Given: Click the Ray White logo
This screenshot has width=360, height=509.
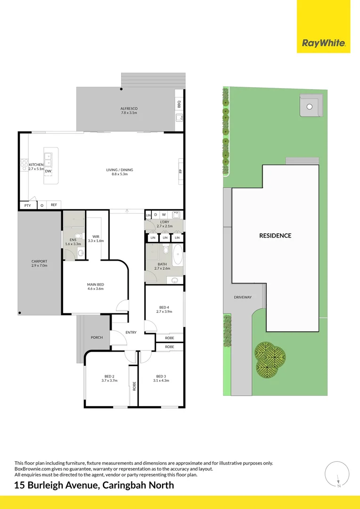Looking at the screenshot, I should [x=323, y=44].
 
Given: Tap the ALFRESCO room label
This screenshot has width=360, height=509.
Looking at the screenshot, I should [x=129, y=109].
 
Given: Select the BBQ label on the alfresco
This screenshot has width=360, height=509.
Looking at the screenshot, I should [x=179, y=104].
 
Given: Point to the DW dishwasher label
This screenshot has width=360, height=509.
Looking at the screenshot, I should [x=48, y=171].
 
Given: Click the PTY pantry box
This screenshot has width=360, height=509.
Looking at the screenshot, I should [x=27, y=205].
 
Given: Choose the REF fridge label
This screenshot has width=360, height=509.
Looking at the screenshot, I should [x=54, y=205].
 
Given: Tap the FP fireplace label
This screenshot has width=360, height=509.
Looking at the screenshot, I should [x=180, y=171].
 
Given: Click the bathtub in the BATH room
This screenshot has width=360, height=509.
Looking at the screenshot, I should [x=178, y=255].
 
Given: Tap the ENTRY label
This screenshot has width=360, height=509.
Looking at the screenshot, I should [x=131, y=333].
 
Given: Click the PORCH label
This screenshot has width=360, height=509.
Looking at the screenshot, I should [x=97, y=337].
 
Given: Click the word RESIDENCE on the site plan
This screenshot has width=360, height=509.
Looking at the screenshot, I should [x=275, y=236].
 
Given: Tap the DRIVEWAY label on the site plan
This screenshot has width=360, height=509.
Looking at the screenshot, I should [x=243, y=297].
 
